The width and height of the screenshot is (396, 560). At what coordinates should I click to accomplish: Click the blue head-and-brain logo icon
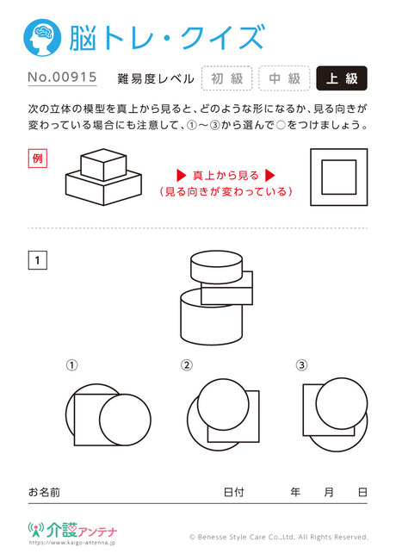pos(42,38)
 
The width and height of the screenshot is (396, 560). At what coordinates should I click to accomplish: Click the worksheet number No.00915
pos(63,78)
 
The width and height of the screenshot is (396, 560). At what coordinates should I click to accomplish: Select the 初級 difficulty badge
pos(227,78)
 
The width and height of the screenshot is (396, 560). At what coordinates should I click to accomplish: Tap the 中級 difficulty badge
pos(284,78)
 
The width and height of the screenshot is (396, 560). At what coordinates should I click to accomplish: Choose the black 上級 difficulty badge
pos(342,78)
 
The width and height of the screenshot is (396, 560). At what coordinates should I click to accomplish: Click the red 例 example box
pos(38,159)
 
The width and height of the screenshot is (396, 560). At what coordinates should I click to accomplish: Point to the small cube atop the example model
pos(103,165)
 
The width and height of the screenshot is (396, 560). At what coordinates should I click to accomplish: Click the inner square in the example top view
pos(339,177)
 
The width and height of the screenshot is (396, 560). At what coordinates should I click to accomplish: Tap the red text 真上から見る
pos(226,176)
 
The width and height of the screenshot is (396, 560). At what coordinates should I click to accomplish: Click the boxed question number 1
pos(38,260)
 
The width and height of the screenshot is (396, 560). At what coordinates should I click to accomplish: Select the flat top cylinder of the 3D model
pos(217,267)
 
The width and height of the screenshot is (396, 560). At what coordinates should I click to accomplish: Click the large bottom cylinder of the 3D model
pos(211,318)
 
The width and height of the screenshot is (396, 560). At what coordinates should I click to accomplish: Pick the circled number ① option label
pos(71,365)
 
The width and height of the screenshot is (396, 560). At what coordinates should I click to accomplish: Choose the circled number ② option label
pos(187,365)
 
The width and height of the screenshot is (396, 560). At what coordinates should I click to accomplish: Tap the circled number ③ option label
pos(301,365)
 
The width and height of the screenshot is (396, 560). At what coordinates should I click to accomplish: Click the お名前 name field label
pos(44,492)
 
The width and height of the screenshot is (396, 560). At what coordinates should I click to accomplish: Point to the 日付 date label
pos(234,492)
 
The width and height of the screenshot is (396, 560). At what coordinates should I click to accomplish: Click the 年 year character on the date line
pos(295,492)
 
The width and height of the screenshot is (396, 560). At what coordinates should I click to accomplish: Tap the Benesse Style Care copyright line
pos(279,537)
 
